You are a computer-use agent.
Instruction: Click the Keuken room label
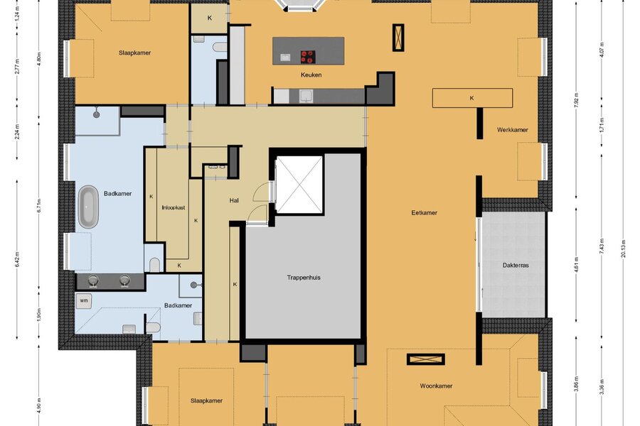click(311, 75)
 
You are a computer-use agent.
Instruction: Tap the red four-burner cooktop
click(308, 57)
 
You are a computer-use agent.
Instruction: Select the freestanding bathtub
click(88, 207)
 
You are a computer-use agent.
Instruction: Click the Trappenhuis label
click(303, 278)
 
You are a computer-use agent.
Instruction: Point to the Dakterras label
click(516, 266)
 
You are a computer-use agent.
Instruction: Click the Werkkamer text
click(512, 130)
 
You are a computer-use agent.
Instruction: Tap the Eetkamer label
click(424, 213)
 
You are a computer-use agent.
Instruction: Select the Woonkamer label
click(436, 386)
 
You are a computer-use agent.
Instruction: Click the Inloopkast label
click(174, 207)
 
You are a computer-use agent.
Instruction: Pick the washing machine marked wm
click(84, 301)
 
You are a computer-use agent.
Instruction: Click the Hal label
click(234, 200)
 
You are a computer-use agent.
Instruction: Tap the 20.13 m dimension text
click(623, 248)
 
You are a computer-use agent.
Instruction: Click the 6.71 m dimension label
click(39, 206)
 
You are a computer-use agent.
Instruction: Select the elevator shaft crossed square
click(299, 185)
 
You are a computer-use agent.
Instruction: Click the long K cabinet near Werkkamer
click(472, 98)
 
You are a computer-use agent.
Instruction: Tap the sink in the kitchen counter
click(306, 97)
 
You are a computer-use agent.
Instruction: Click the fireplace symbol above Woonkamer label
click(426, 359)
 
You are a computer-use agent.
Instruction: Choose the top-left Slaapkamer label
click(134, 53)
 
